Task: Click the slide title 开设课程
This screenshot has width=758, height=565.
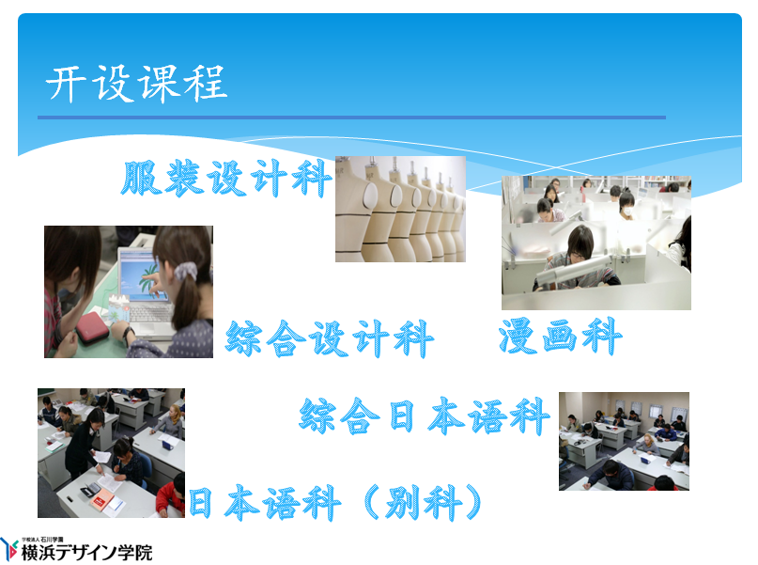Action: (x=137, y=84)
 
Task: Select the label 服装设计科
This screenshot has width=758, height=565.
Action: (x=226, y=178)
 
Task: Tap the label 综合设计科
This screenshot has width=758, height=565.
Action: (x=330, y=338)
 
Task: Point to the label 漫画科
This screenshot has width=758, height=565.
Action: (x=560, y=337)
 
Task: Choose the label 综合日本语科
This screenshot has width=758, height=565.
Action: (x=425, y=416)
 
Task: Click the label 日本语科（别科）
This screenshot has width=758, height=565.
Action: (x=335, y=503)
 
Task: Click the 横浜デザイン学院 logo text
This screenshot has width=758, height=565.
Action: (x=87, y=553)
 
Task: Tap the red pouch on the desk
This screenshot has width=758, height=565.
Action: (x=92, y=327)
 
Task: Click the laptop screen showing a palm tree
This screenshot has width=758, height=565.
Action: (x=141, y=276)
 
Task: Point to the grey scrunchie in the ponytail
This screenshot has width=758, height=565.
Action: (x=186, y=271)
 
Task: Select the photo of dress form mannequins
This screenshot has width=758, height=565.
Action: (x=401, y=209)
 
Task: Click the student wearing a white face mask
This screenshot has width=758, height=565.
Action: (x=627, y=206)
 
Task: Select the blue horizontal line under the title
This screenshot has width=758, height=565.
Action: (x=351, y=118)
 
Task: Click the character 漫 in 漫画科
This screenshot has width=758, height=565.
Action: (x=518, y=337)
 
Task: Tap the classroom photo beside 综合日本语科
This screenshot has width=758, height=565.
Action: (x=624, y=441)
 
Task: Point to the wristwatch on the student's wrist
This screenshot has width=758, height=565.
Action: (x=129, y=334)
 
